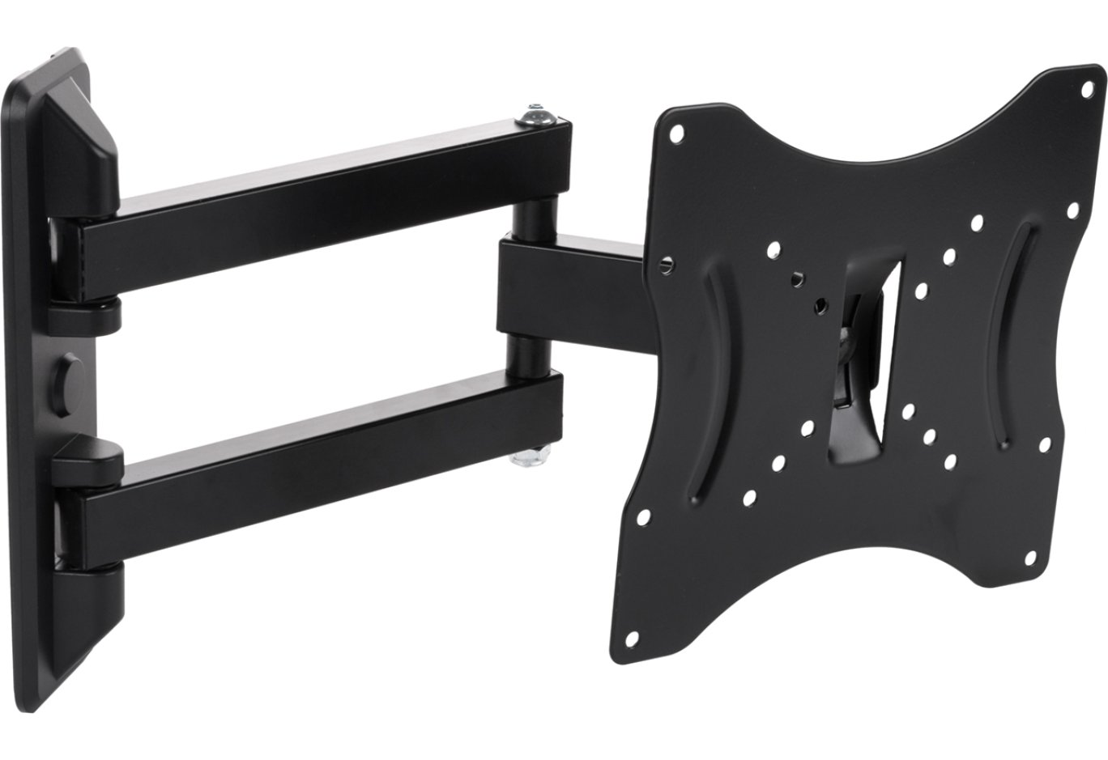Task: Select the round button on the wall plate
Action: click(70, 378)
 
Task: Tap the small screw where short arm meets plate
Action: click(667, 263)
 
